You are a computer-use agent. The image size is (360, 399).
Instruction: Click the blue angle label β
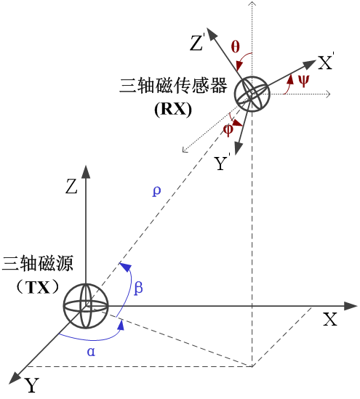[x=138, y=288]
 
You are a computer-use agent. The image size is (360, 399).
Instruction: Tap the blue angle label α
[x=91, y=352]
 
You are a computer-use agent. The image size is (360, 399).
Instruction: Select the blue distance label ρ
[x=156, y=191]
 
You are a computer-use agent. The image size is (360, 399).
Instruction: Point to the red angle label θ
[x=235, y=47]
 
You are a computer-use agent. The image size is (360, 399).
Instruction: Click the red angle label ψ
[x=304, y=81]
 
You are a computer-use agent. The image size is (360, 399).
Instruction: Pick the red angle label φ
[x=228, y=130]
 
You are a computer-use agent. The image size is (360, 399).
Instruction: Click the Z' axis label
[x=197, y=42]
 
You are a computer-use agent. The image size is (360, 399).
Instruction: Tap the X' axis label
[x=326, y=61]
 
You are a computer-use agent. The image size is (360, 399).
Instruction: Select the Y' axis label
[x=222, y=162]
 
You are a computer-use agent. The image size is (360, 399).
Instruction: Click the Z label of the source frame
[x=71, y=186]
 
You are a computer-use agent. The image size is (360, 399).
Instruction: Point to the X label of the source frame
[x=330, y=319]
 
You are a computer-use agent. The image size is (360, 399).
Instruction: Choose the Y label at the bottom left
[x=31, y=385]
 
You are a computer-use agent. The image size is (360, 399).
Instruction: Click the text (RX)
[x=173, y=110]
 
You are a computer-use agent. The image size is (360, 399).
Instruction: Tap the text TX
[x=39, y=288]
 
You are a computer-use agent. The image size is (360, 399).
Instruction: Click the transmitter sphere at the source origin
[x=86, y=306]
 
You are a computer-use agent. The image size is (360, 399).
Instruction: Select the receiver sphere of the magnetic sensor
[x=252, y=94]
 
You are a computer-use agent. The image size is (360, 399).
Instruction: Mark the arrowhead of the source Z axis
[x=86, y=172]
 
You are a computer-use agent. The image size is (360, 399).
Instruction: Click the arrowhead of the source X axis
[x=351, y=306]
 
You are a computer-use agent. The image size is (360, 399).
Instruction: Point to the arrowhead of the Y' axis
[x=239, y=148]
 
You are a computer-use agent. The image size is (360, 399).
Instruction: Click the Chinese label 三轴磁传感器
[x=173, y=85]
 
